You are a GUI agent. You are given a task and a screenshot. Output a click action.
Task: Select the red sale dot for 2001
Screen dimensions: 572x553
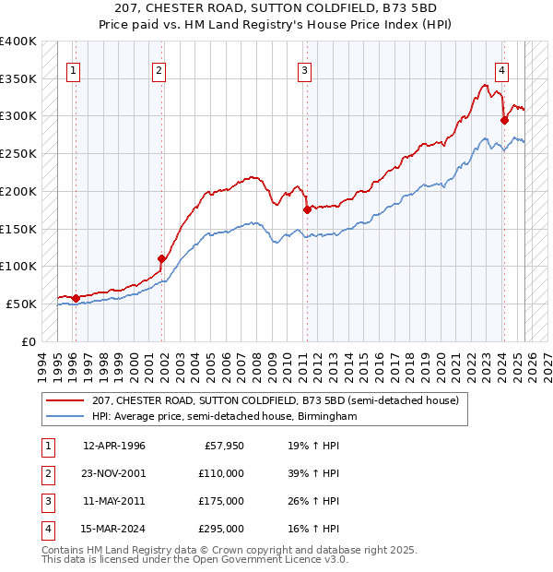161,258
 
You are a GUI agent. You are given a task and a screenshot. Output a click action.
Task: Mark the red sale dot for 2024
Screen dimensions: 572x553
504,119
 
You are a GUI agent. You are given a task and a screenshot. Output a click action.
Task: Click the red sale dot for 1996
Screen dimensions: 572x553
76,297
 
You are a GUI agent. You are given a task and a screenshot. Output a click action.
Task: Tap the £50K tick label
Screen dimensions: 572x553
21,304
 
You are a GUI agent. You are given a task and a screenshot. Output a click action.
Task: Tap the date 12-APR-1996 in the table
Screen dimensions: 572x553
113,446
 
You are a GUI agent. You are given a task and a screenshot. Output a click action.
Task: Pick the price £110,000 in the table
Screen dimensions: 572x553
222,473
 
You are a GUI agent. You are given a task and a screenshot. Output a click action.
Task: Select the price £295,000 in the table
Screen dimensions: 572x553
222,529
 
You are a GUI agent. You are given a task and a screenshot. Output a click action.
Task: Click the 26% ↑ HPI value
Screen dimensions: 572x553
313,501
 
